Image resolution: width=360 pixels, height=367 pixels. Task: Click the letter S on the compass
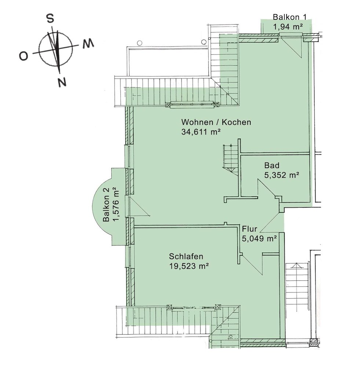51,18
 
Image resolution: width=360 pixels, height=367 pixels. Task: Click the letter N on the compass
62,82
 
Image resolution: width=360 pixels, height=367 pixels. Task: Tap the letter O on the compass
23,56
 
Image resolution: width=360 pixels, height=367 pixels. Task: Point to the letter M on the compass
88,43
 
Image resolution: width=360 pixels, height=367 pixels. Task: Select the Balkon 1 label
290,17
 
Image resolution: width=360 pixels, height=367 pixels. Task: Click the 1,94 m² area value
288,27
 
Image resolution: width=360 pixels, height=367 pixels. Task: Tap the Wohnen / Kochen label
216,122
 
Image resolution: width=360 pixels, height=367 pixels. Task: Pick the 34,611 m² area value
201,132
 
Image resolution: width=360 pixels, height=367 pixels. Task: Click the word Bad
272,165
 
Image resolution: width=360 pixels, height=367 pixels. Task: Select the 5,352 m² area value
282,175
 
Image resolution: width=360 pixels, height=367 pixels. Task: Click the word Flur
250,229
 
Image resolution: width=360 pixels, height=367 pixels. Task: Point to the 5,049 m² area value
259,239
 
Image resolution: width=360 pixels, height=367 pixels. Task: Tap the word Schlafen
186,256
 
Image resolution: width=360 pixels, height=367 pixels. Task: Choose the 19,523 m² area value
189,266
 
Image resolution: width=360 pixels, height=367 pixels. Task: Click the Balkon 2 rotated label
106,205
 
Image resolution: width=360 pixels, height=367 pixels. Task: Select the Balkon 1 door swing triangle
291,47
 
